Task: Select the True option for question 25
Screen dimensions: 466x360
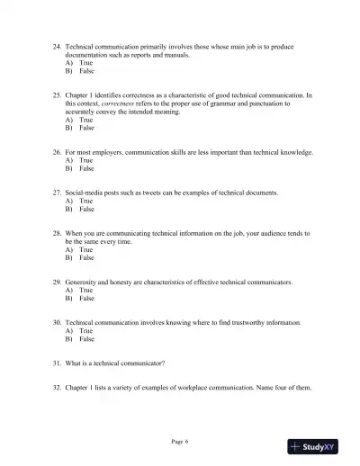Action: (85, 120)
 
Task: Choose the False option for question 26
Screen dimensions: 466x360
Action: (85, 168)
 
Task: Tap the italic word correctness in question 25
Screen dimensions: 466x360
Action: (119, 103)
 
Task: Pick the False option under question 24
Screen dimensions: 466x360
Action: (85, 70)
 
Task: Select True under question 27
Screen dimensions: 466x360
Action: (85, 201)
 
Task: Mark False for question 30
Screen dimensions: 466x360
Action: (85, 339)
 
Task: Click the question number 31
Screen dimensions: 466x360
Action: (58, 363)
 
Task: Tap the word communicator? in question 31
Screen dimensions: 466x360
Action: (143, 363)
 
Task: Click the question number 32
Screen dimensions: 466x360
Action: (58, 388)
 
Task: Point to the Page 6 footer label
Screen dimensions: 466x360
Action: (180, 441)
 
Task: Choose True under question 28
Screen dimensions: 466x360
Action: (85, 249)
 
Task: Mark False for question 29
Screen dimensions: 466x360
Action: (85, 298)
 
